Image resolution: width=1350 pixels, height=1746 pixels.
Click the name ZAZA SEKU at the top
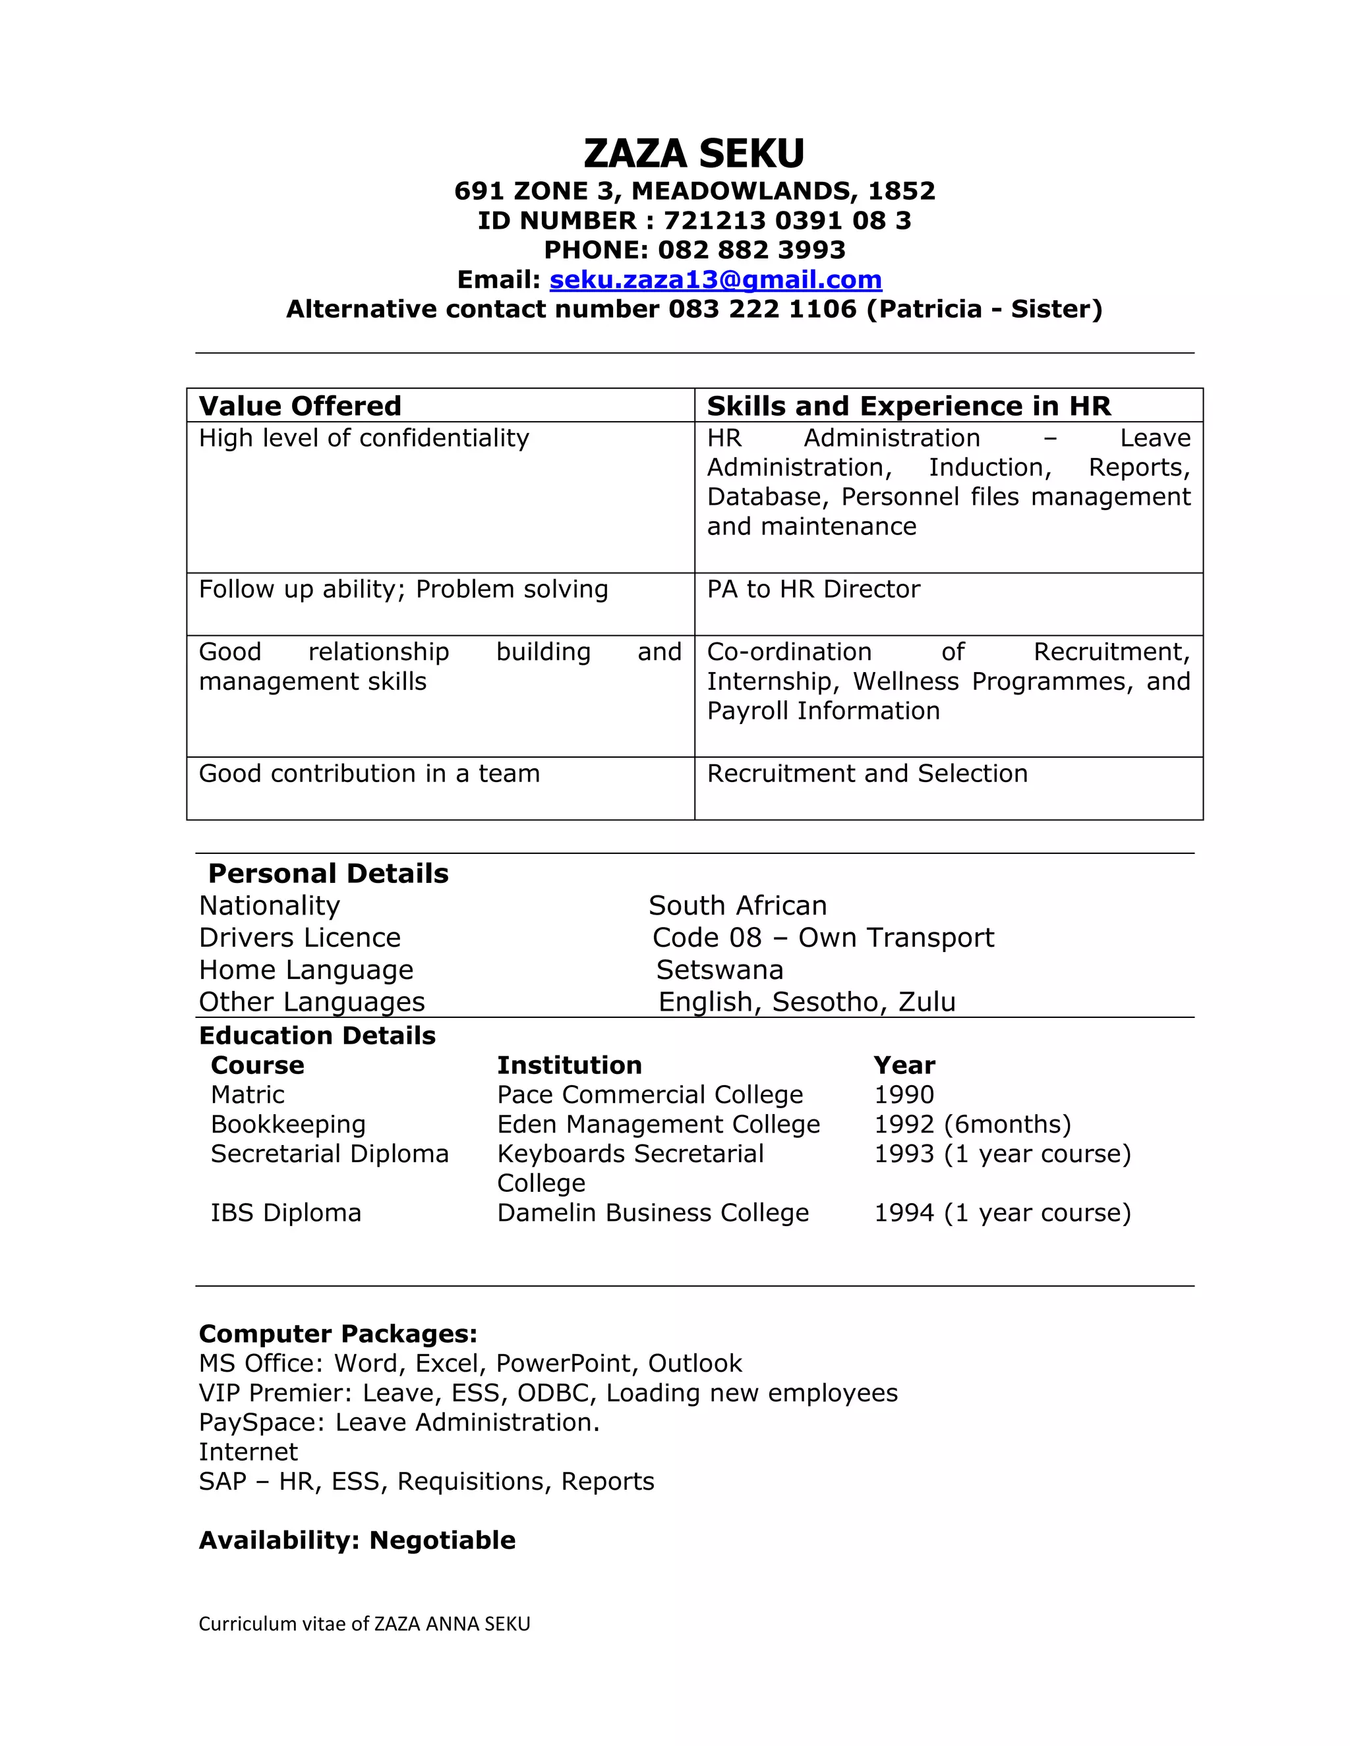pos(693,154)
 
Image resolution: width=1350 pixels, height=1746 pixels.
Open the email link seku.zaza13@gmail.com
pos(715,280)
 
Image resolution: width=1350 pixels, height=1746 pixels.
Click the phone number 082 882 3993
pos(751,250)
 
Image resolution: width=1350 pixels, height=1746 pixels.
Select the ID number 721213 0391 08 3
pos(787,221)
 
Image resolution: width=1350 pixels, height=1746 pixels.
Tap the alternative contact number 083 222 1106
pos(762,310)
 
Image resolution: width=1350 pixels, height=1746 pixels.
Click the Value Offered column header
pos(300,406)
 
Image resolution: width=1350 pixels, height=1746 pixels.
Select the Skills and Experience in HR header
pos(908,406)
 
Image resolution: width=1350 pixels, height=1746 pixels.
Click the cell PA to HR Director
pos(813,589)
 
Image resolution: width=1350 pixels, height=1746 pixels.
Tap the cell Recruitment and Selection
pos(867,774)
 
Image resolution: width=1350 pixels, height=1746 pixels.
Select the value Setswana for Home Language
pos(720,970)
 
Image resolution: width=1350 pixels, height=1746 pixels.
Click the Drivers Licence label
pos(299,938)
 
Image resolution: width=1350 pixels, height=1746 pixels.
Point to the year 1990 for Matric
pos(904,1094)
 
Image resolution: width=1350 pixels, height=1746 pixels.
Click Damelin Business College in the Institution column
pos(653,1213)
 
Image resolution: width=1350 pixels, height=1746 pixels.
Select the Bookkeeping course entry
pos(288,1124)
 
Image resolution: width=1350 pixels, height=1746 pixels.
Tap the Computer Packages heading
pos(337,1334)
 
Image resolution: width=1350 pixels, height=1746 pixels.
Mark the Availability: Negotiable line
pos(357,1540)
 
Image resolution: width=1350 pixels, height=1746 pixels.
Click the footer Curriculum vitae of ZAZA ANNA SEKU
pos(364,1623)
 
